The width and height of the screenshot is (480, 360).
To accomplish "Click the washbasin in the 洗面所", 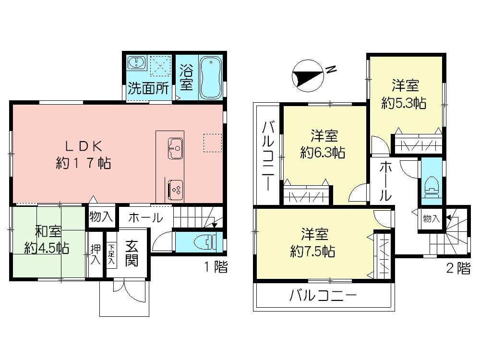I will (x=137, y=63).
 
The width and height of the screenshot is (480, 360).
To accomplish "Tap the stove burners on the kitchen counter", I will (x=175, y=188).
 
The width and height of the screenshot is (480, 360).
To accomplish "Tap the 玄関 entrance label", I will (x=132, y=253).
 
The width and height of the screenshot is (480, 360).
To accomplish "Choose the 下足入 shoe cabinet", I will (x=111, y=254).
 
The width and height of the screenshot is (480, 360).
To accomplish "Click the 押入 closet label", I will (x=95, y=254).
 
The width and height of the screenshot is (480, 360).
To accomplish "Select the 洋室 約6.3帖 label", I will (x=322, y=144).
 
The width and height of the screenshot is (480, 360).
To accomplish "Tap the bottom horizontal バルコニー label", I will (x=323, y=296).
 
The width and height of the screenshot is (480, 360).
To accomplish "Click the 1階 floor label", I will (x=215, y=268).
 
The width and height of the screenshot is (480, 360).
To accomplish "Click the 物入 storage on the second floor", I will (x=431, y=219).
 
